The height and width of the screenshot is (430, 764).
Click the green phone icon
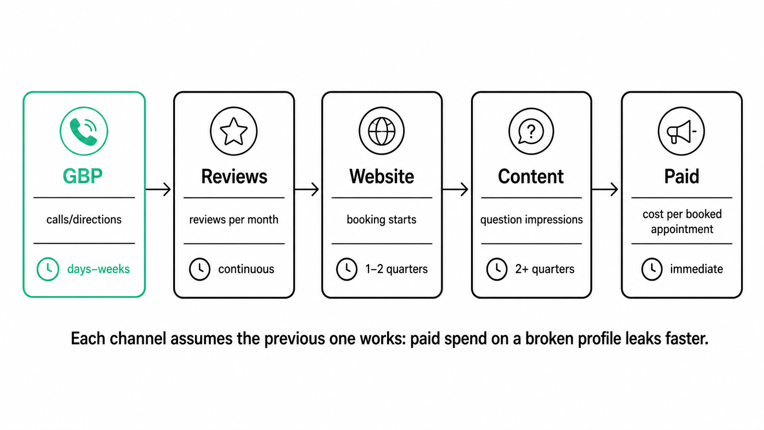click(84, 131)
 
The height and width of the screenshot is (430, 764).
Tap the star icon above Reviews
click(233, 131)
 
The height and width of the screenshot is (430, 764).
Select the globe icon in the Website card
click(382, 131)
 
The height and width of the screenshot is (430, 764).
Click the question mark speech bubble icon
click(531, 131)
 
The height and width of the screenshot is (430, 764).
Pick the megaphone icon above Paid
click(681, 131)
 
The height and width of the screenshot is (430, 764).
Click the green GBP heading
click(83, 176)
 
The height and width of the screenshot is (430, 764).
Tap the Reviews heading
click(234, 176)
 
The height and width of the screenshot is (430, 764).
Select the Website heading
click(382, 176)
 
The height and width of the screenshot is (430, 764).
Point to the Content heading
click(531, 176)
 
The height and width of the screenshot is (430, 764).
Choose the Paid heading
click(681, 176)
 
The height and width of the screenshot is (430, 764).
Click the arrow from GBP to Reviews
click(158, 189)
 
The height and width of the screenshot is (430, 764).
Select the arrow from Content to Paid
click(605, 189)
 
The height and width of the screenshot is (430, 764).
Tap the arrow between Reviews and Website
click(307, 189)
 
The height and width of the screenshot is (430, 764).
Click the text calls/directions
click(84, 220)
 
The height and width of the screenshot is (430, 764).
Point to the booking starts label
click(382, 220)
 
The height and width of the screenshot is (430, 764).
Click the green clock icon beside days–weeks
click(48, 269)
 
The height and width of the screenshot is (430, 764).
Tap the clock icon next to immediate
click(652, 269)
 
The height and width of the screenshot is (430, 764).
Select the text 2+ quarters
click(545, 270)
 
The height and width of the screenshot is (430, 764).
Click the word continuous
click(246, 270)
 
